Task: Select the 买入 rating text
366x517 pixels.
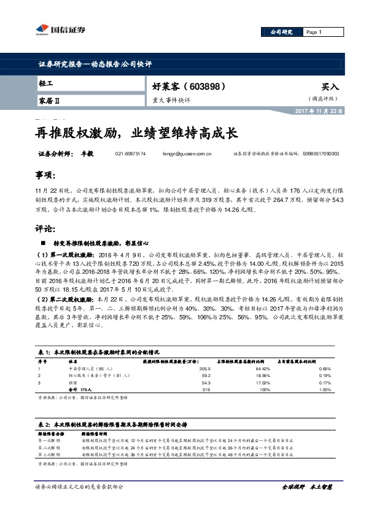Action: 329,87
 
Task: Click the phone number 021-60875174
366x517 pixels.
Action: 130,154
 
